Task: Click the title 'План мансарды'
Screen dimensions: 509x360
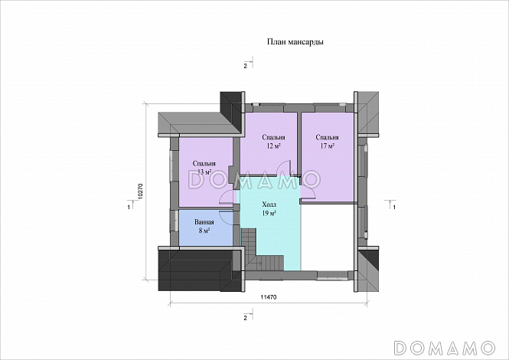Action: pyautogui.click(x=295, y=42)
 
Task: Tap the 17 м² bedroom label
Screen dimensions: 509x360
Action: pyautogui.click(x=328, y=142)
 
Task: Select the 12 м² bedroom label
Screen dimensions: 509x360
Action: pyautogui.click(x=273, y=142)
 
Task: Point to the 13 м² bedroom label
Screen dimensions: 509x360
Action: pyautogui.click(x=204, y=168)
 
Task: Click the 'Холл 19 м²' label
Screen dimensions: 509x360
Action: pyautogui.click(x=269, y=209)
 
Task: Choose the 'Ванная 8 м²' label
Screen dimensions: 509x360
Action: pyautogui.click(x=204, y=227)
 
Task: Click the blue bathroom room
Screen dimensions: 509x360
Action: pyautogui.click(x=206, y=228)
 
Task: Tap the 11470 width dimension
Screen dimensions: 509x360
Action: pyautogui.click(x=269, y=297)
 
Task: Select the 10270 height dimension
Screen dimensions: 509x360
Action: pyautogui.click(x=141, y=191)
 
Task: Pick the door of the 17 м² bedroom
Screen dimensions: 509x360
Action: pyautogui.click(x=307, y=188)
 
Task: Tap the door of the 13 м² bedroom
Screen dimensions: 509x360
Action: pyautogui.click(x=227, y=197)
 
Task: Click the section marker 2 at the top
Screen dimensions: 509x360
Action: pyautogui.click(x=249, y=64)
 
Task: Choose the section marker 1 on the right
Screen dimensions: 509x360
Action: pyautogui.click(x=390, y=205)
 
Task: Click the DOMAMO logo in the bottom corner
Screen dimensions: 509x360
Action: pyautogui.click(x=444, y=347)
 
